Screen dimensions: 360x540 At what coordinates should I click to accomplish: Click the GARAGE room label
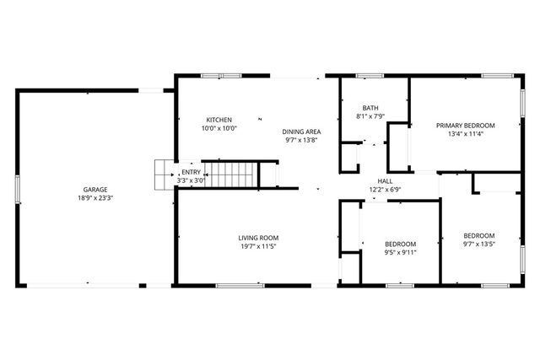[x=94, y=189]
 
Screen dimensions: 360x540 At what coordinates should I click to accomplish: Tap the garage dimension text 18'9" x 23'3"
[x=94, y=198]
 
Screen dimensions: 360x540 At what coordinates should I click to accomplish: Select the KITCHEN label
[x=219, y=120]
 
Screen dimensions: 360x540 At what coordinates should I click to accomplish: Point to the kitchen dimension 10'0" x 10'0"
[x=219, y=128]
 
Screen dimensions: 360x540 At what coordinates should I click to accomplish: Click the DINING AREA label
[x=300, y=132]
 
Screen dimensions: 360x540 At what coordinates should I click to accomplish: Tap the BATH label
[x=370, y=108]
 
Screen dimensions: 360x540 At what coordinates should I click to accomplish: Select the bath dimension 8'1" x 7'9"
[x=370, y=116]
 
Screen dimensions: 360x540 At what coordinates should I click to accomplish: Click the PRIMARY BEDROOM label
[x=465, y=125]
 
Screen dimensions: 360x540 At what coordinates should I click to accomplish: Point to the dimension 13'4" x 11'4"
[x=465, y=133]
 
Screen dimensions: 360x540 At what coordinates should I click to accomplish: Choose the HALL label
[x=385, y=181]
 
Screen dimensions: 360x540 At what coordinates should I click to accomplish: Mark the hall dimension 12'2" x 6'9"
[x=385, y=190]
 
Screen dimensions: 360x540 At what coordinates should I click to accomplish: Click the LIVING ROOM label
[x=258, y=238]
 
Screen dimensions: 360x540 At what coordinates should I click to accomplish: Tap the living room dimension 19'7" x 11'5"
[x=258, y=247]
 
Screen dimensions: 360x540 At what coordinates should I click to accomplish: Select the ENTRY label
[x=191, y=172]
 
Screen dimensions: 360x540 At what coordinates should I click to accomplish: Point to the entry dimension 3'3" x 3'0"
[x=191, y=180]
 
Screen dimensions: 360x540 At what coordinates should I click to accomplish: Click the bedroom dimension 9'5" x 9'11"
[x=401, y=252]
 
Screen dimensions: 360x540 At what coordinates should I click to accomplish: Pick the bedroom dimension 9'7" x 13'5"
[x=478, y=245]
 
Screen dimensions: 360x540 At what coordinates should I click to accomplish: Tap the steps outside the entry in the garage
[x=162, y=175]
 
